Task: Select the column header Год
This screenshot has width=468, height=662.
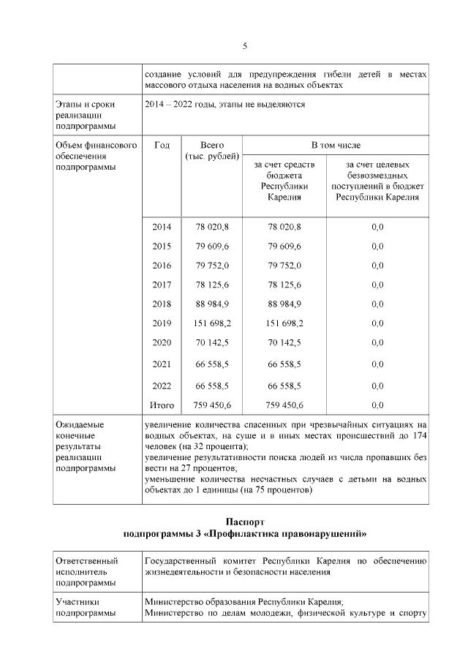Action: tap(162, 146)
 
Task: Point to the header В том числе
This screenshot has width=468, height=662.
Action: tap(336, 146)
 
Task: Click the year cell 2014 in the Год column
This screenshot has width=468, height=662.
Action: tap(162, 227)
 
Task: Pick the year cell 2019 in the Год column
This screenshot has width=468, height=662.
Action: tap(162, 323)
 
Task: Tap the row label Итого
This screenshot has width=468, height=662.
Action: tap(162, 405)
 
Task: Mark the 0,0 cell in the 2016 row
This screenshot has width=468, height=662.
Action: tap(377, 266)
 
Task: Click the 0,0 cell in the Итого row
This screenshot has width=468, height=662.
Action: tap(377, 405)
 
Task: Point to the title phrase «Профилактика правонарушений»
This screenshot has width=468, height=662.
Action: tap(301, 534)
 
